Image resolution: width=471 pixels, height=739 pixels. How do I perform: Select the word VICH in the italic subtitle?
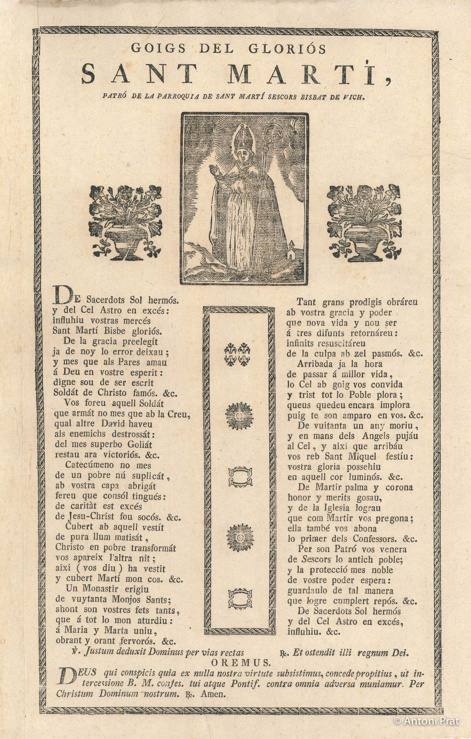(x=354, y=98)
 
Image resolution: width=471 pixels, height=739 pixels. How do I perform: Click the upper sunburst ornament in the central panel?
(x=240, y=417)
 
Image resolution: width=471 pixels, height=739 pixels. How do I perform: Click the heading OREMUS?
(x=241, y=662)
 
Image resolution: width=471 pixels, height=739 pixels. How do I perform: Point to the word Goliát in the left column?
(x=137, y=445)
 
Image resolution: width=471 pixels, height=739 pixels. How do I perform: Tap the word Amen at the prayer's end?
(x=213, y=694)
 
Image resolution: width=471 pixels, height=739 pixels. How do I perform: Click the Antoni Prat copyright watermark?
(x=426, y=721)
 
